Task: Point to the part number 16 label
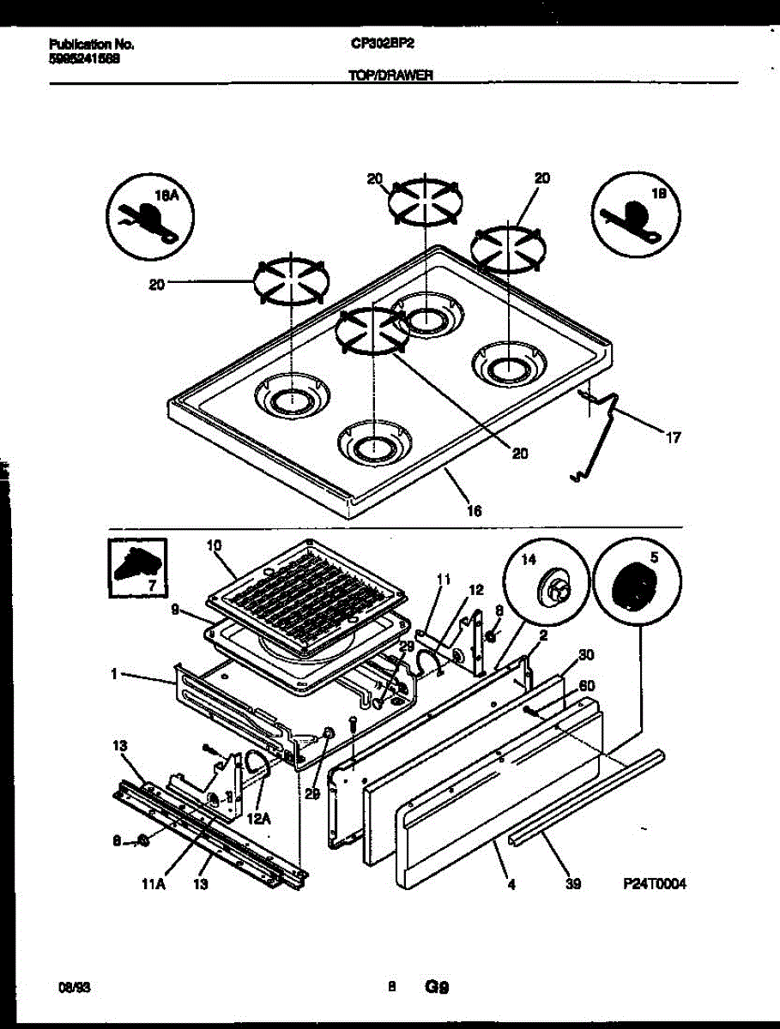coord(474,510)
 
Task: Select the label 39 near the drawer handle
coord(573,884)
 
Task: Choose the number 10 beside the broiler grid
coord(215,545)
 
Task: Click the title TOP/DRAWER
coord(390,75)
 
